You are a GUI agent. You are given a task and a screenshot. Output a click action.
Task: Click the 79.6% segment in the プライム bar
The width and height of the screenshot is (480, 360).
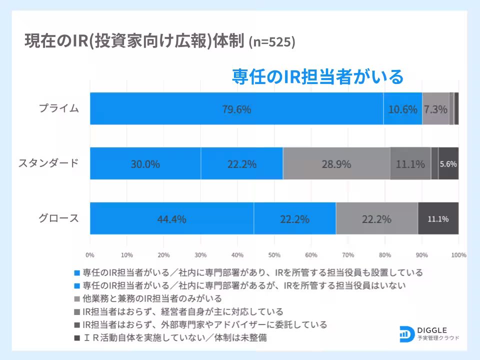pos(236,109)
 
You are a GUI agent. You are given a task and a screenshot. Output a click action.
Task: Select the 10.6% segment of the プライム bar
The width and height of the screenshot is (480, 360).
pos(402,109)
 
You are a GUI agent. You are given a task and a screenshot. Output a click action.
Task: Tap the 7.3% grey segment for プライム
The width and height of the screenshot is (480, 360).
pos(435,109)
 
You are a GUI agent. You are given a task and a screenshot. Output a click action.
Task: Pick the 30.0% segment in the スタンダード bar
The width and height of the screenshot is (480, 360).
pos(145,163)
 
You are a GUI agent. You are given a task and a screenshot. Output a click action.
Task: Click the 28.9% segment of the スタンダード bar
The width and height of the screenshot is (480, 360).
pos(336,163)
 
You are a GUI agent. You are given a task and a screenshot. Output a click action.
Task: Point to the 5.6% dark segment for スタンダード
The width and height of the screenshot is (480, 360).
pos(448,163)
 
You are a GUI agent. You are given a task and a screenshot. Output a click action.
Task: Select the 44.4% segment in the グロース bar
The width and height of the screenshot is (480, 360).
pos(172,218)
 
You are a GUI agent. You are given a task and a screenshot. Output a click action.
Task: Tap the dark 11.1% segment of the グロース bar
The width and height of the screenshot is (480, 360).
pos(438,218)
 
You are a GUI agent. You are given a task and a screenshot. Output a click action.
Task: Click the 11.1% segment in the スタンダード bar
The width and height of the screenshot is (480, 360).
pos(410,163)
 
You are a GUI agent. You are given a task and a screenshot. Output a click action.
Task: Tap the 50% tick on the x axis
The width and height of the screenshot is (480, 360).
pos(274,255)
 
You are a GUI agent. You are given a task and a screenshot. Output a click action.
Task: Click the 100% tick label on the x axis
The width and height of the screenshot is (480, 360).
pos(458,255)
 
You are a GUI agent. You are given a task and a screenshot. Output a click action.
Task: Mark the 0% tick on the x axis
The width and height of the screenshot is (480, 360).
pos(90,255)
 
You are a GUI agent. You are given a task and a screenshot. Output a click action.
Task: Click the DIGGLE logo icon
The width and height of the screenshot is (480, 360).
pos(406,334)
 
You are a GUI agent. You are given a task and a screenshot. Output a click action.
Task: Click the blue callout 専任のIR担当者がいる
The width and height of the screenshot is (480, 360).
pos(317,76)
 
